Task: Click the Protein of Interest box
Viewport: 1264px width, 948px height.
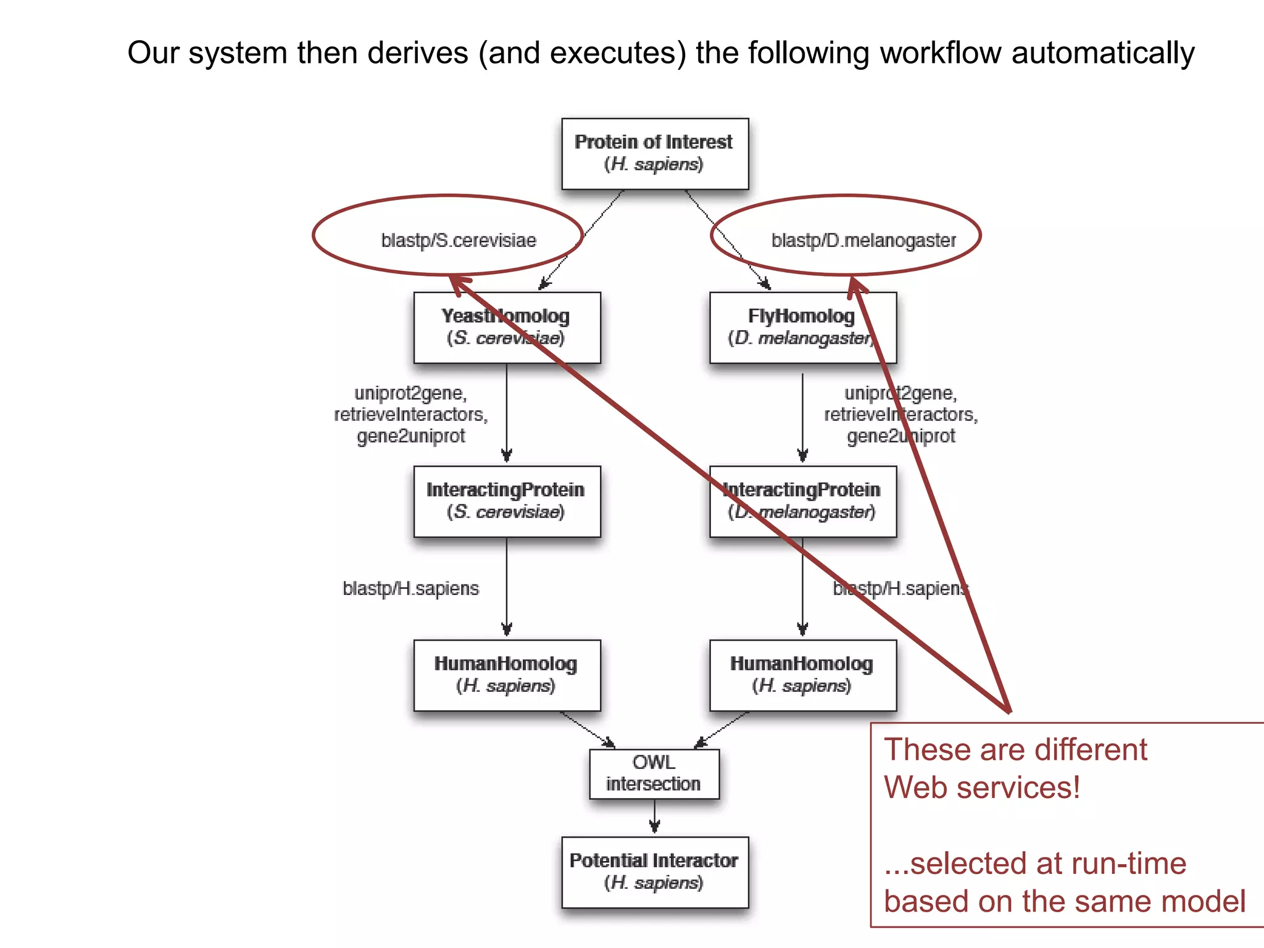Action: point(654,154)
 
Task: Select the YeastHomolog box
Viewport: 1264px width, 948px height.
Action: point(506,327)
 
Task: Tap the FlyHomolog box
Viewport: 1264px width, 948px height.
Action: point(802,327)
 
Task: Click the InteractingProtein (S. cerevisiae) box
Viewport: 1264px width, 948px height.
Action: point(506,501)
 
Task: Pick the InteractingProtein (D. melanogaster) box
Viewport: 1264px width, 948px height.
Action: point(802,501)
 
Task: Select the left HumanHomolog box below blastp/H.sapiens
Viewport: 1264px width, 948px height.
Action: point(506,675)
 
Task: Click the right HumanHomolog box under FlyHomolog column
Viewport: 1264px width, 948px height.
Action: point(802,675)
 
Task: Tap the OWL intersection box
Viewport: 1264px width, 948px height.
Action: point(654,773)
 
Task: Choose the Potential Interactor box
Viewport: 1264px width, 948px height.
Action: point(654,871)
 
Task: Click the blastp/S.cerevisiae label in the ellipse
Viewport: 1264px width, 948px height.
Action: point(459,240)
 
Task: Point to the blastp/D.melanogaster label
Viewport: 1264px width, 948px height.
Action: point(863,240)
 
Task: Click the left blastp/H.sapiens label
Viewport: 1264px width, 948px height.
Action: point(410,588)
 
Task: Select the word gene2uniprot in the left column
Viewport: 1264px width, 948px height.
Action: point(410,436)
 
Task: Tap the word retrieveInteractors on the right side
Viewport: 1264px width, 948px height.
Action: point(900,414)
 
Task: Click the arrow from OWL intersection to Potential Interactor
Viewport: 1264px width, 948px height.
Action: point(654,818)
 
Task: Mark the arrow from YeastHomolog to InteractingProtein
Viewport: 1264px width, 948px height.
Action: point(507,414)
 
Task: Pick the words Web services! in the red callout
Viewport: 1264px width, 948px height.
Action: point(981,788)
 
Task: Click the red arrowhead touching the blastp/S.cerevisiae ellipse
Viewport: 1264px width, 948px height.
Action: point(460,285)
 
